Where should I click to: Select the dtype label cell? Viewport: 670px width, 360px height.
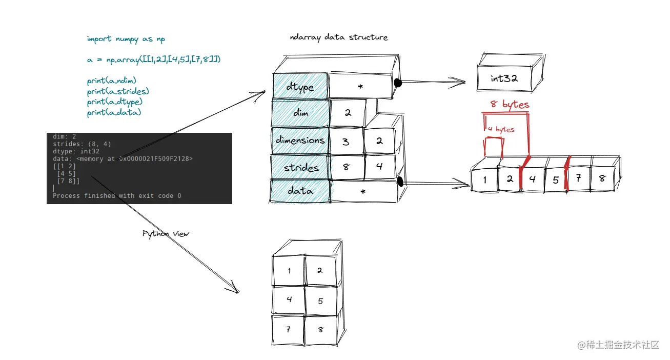coord(300,87)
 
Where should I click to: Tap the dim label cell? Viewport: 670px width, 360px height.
coord(300,113)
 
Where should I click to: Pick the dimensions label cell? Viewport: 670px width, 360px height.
coord(300,140)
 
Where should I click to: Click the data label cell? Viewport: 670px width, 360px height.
coord(300,191)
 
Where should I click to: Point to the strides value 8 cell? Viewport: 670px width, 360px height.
coord(347,167)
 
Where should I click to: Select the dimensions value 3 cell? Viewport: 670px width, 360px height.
coord(346,141)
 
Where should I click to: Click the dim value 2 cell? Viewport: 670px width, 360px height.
coord(348,113)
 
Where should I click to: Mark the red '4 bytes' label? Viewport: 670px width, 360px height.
coord(501,129)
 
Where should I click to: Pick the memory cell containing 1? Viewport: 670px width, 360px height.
coord(484,180)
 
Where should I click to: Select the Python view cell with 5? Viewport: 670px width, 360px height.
coord(320,301)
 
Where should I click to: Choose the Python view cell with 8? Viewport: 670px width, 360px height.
coord(321,330)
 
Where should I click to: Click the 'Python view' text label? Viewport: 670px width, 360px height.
coord(166,234)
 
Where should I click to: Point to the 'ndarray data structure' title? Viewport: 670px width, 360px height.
coord(338,37)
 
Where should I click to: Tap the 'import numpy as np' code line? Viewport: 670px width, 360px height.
coord(126,39)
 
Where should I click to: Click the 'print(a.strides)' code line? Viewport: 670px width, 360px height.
coord(118,92)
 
